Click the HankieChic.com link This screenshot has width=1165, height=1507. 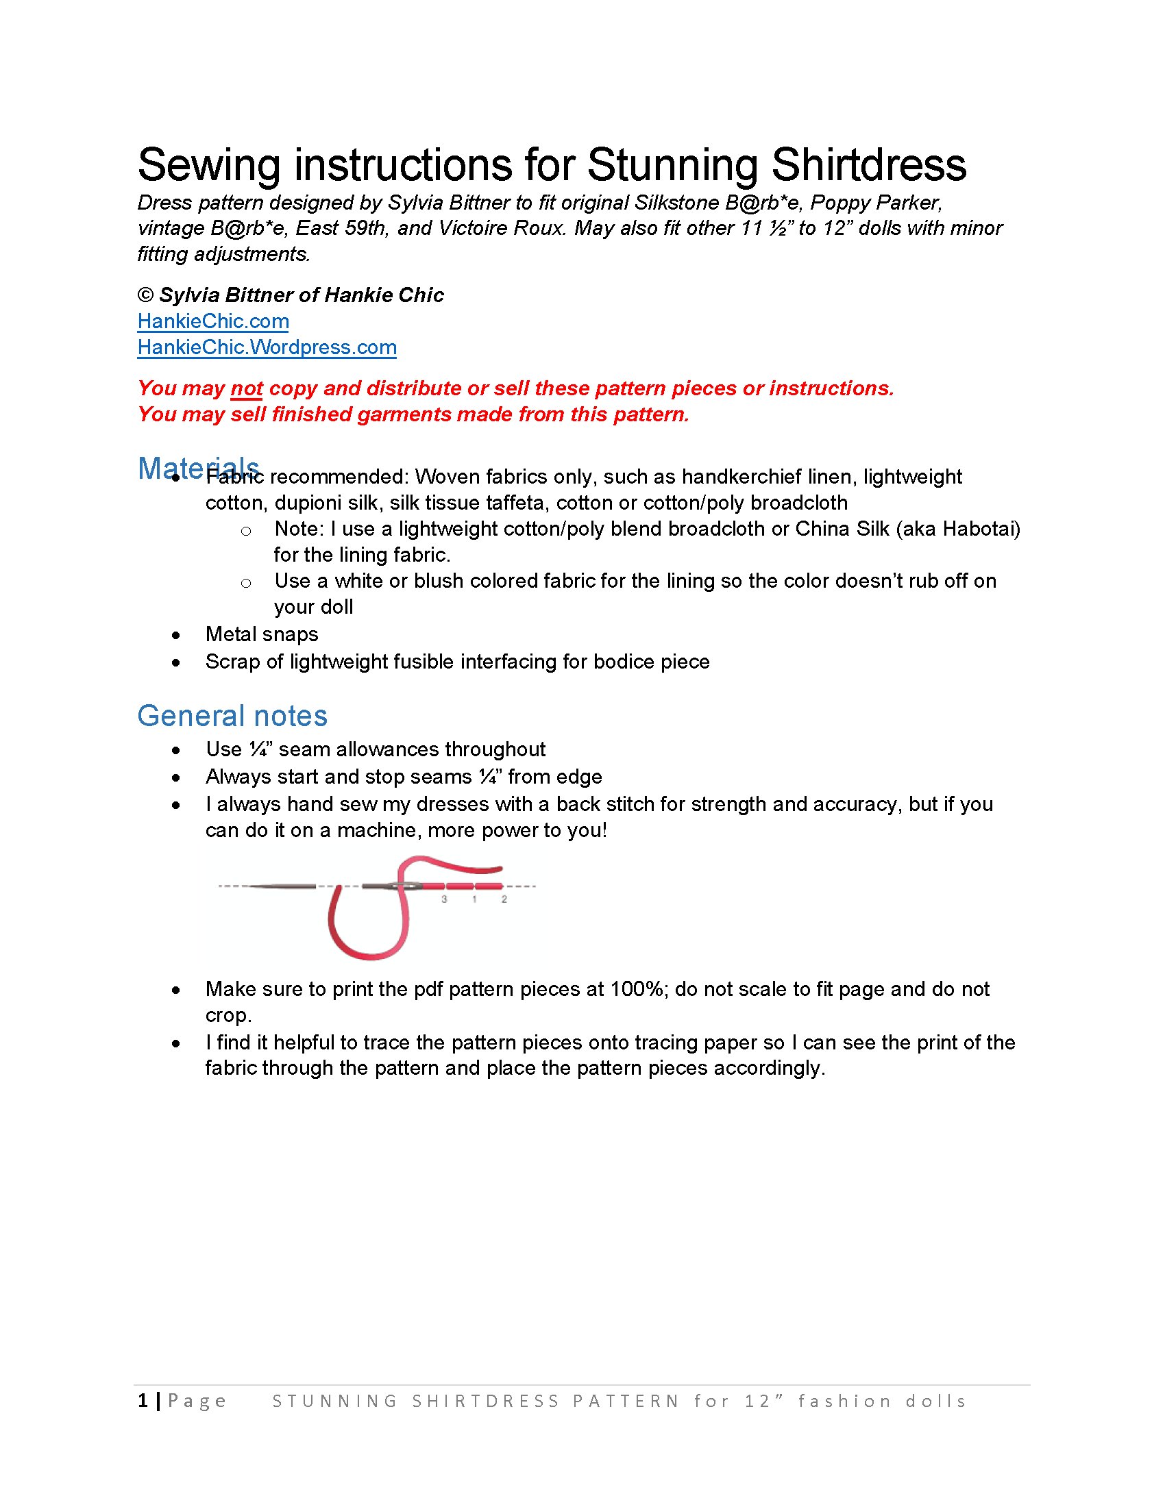(x=212, y=321)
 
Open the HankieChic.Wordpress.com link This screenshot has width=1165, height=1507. (x=267, y=347)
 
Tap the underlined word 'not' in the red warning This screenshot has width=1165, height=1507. (x=247, y=388)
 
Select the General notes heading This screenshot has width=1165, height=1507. (x=232, y=717)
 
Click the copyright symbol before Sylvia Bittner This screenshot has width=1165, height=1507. (x=145, y=295)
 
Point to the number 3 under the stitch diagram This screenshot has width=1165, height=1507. (x=444, y=899)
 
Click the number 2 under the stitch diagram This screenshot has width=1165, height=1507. (x=504, y=899)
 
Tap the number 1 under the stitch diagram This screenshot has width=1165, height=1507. (x=474, y=899)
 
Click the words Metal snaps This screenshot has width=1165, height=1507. (x=262, y=634)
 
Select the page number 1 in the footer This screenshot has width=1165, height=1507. (x=143, y=1400)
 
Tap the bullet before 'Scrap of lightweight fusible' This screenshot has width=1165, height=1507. (x=177, y=662)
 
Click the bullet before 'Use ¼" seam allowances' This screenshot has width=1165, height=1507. (x=177, y=750)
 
